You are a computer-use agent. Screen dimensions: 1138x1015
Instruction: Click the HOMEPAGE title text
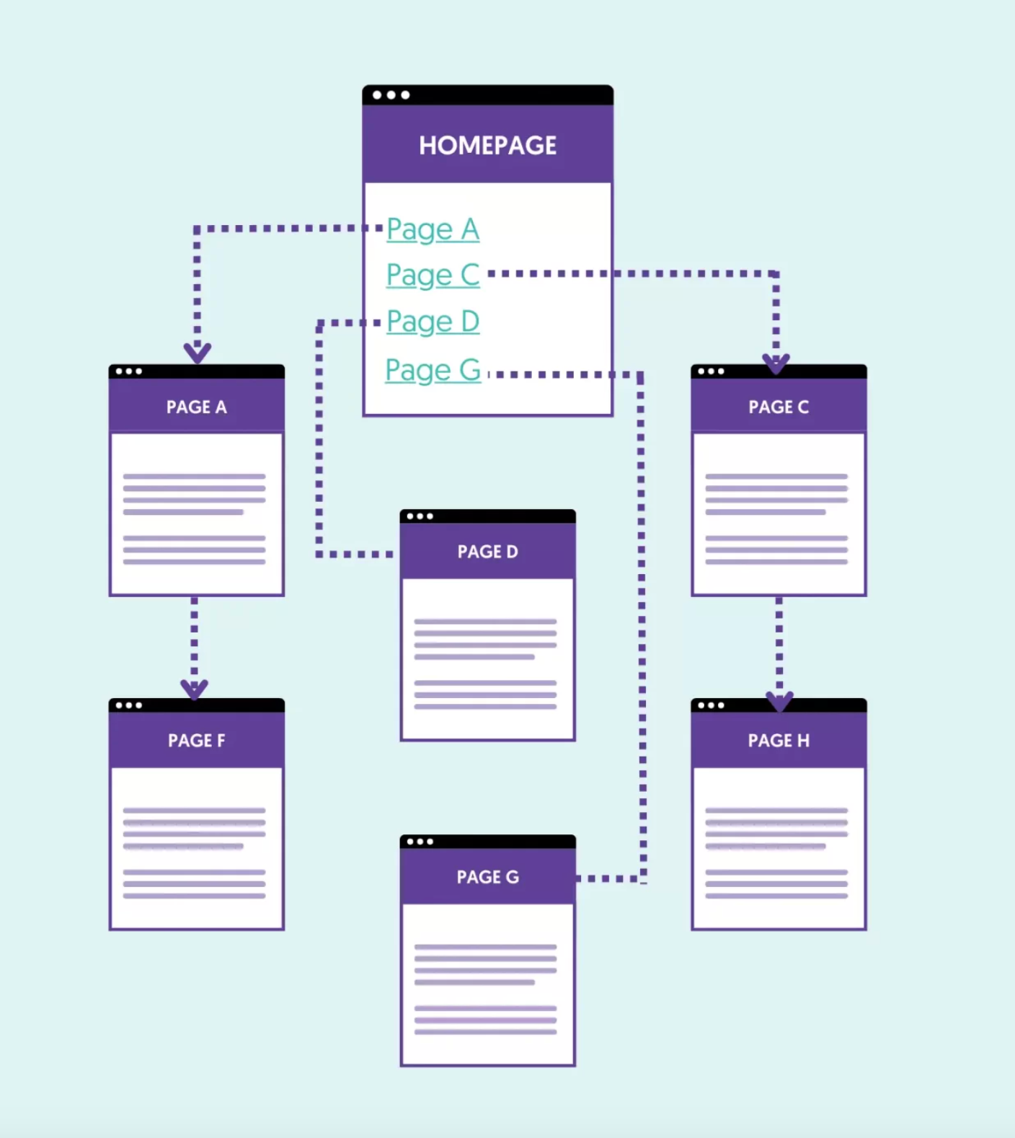[x=487, y=145]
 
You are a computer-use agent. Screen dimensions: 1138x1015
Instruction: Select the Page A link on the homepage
[x=433, y=229]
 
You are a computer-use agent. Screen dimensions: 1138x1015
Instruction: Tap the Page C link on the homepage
[x=433, y=275]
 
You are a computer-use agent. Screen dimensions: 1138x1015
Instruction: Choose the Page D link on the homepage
[x=433, y=321]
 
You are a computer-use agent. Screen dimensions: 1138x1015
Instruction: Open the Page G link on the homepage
[x=433, y=370]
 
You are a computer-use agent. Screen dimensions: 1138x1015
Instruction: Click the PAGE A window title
[x=196, y=407]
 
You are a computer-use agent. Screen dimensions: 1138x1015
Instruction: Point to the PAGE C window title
[x=779, y=407]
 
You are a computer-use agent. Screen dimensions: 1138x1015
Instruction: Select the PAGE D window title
[x=487, y=552]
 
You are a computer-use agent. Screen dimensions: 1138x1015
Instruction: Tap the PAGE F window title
[x=196, y=741]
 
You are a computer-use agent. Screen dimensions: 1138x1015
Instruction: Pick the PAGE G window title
[x=487, y=877]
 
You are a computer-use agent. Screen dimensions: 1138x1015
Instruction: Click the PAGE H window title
[x=779, y=741]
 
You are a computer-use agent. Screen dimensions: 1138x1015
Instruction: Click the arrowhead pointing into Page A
[x=197, y=353]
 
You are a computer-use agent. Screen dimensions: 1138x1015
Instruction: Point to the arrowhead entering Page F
[x=194, y=689]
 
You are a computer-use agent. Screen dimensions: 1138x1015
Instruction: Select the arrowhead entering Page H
[x=779, y=700]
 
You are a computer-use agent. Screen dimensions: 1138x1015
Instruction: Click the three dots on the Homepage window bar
[x=391, y=95]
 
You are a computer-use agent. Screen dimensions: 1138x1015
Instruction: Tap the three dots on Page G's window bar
[x=420, y=842]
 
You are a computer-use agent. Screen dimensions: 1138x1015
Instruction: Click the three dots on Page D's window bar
[x=420, y=516]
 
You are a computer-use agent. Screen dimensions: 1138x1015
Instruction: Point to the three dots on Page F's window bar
[x=128, y=705]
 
